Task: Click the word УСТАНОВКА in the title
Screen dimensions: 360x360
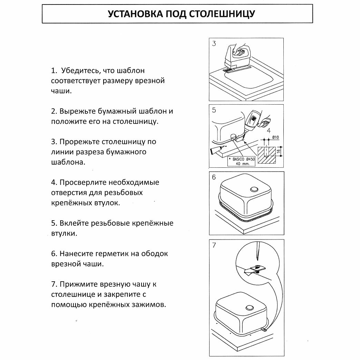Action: [x=132, y=14]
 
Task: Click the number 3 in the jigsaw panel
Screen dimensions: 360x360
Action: [x=214, y=44]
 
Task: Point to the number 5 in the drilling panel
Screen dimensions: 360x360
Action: [x=214, y=110]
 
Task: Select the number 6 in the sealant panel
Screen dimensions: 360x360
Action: [x=214, y=177]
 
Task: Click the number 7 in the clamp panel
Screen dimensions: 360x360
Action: [x=214, y=245]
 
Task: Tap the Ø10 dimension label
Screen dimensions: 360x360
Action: [x=275, y=137]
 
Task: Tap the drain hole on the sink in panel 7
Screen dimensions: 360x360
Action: [x=249, y=308]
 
